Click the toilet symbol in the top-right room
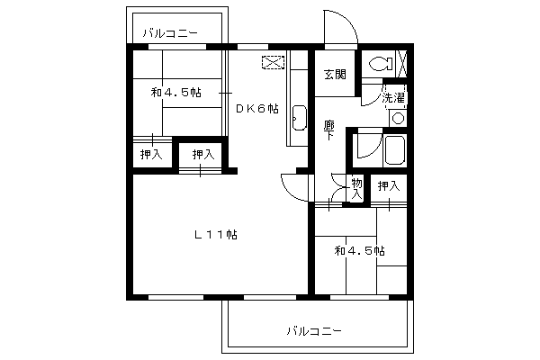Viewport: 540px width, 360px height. click(x=380, y=64)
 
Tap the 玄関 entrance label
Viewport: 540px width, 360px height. click(x=335, y=75)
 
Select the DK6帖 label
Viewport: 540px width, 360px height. click(x=257, y=109)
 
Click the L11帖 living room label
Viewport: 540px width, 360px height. click(x=216, y=235)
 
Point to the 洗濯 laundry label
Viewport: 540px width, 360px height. click(x=393, y=98)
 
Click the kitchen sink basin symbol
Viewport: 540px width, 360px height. click(x=300, y=118)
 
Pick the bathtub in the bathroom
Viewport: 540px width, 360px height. click(x=395, y=150)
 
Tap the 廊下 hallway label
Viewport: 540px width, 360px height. click(x=329, y=130)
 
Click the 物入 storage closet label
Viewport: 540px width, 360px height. click(x=356, y=189)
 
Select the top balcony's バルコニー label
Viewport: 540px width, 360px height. click(x=170, y=33)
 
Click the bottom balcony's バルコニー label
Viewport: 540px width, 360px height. click(x=314, y=331)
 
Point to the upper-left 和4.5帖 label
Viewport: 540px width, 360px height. click(x=176, y=93)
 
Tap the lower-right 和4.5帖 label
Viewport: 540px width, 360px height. click(x=359, y=251)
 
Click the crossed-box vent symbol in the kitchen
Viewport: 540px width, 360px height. click(x=273, y=62)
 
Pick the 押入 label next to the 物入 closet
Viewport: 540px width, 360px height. click(x=389, y=186)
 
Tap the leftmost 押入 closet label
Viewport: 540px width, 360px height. click(x=151, y=154)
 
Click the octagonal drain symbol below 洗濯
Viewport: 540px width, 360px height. click(x=399, y=119)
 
